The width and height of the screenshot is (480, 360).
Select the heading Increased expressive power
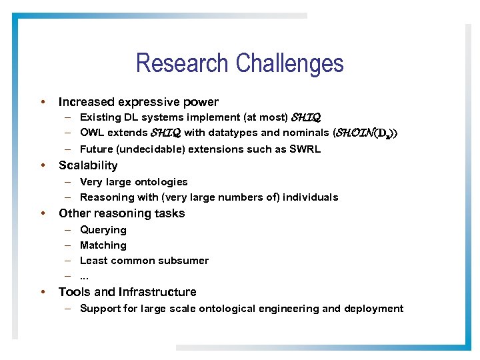138,102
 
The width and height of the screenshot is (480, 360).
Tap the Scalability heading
88,165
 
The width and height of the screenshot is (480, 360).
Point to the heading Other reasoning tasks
121,213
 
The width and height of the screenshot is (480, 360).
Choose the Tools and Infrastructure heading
127,292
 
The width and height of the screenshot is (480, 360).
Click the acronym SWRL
305,149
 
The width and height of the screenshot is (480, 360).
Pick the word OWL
92,133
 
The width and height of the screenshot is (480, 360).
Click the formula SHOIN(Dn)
365,133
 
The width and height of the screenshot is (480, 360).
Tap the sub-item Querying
103,230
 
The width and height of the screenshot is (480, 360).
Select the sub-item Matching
103,245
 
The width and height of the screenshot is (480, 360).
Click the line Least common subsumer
144,261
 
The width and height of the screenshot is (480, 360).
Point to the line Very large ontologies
133,182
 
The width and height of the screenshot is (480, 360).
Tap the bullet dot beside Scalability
43,165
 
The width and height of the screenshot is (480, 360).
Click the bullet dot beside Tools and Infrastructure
43,292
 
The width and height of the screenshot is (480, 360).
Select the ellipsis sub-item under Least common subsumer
84,276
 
